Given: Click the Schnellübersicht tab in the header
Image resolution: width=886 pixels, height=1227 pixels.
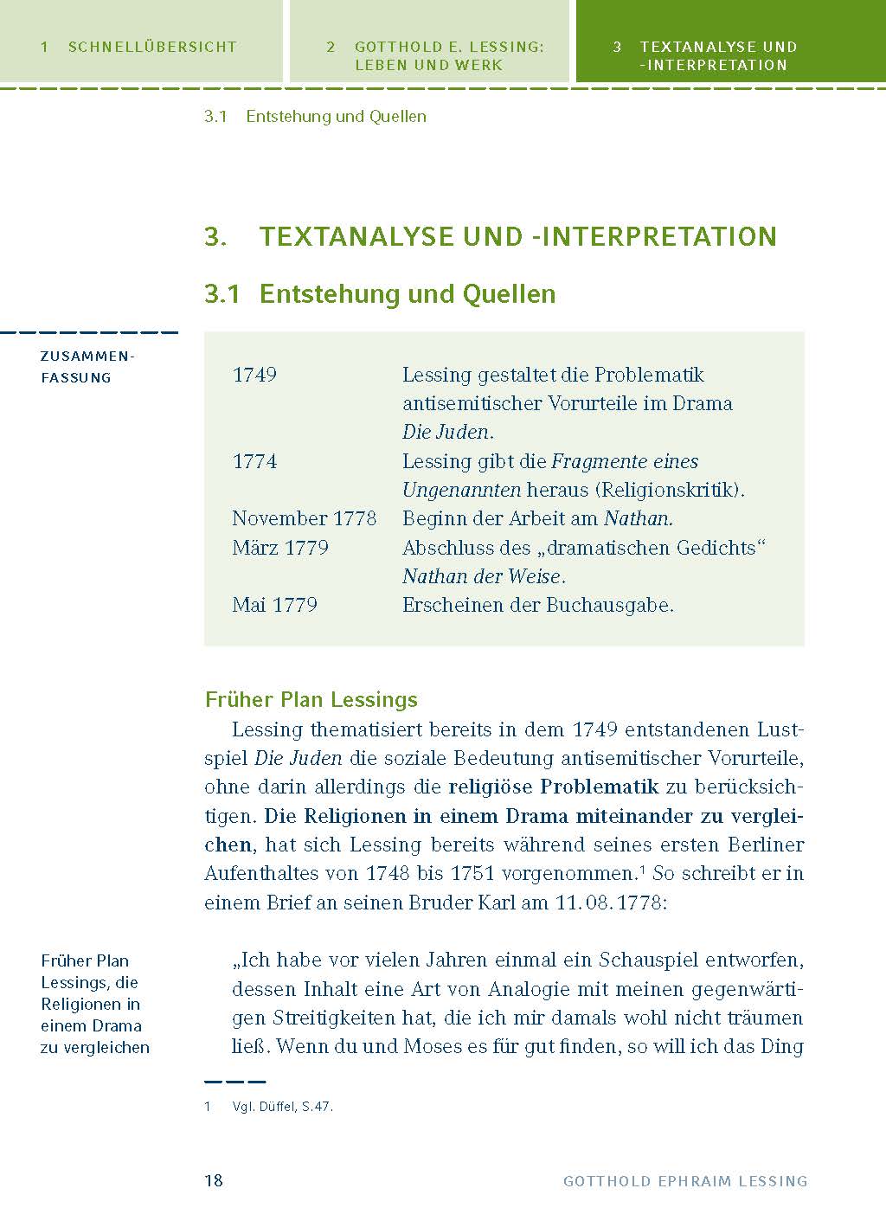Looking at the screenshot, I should [x=141, y=48].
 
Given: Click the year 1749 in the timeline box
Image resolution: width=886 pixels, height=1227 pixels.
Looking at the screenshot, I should [x=254, y=375].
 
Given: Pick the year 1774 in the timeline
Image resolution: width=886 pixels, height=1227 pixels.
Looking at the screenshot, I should [x=254, y=461].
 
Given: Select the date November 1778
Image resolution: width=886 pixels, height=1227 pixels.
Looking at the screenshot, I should [x=304, y=518].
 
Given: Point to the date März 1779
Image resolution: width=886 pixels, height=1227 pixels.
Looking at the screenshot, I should [x=280, y=548].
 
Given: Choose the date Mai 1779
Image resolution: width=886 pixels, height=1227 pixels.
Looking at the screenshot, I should [x=274, y=605].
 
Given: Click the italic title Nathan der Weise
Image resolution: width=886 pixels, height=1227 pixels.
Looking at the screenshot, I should [x=483, y=576].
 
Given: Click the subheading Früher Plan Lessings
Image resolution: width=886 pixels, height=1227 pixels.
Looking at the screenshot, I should [x=311, y=699].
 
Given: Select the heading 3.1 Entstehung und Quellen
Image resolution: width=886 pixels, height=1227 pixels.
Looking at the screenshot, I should [x=380, y=294].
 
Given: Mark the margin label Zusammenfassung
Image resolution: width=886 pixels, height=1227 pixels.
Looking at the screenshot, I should [x=87, y=366].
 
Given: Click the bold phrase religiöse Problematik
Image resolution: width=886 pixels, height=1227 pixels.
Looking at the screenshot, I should [x=554, y=787].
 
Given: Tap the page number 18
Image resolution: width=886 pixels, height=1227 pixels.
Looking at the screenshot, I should [x=214, y=1180].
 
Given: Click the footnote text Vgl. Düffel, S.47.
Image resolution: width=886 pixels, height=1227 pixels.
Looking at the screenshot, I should [x=282, y=1107].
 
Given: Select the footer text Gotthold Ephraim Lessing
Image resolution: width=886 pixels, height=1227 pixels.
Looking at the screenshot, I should [x=685, y=1181].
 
